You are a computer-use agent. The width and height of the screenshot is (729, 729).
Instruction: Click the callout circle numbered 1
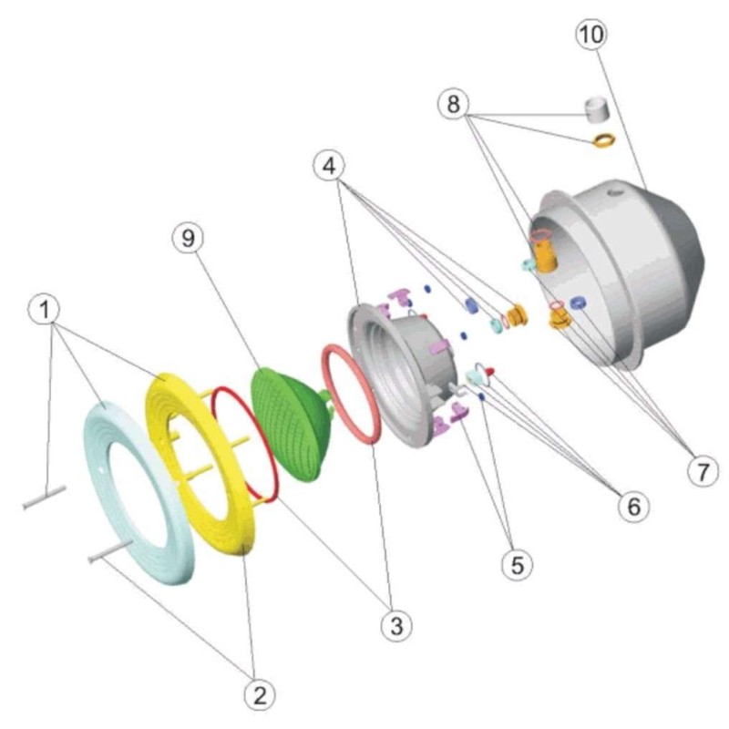45,309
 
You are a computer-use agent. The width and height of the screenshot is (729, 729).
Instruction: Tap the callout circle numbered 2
260,694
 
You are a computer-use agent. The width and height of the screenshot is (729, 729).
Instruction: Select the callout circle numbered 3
396,625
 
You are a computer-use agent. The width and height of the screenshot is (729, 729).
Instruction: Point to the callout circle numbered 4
329,166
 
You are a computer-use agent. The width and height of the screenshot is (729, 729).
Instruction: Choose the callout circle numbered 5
517,565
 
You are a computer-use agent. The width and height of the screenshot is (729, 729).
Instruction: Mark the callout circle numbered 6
634,507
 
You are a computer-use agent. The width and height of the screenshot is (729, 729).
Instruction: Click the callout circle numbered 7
703,471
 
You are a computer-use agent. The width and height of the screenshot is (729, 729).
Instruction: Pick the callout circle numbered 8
453,104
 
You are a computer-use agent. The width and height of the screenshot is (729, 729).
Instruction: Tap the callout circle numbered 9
188,238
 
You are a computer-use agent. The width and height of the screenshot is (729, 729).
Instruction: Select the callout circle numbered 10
591,34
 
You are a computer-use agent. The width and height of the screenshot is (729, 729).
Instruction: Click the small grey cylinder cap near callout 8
597,109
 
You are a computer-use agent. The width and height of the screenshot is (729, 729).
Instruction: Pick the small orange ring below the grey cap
604,139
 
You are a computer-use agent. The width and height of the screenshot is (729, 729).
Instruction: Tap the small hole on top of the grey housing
617,191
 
